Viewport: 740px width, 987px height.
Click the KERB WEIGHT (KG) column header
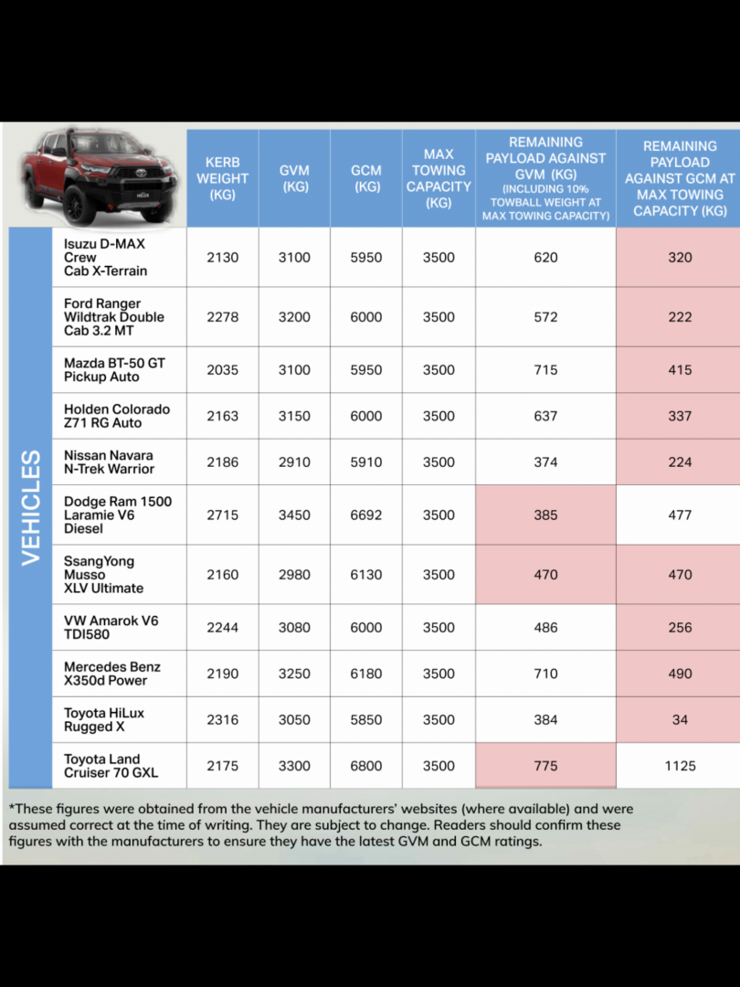click(x=222, y=178)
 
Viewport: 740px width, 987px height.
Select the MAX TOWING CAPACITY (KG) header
click(x=439, y=178)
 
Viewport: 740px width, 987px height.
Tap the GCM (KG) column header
click(x=366, y=178)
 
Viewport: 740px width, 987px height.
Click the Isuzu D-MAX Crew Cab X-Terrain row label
click(x=105, y=258)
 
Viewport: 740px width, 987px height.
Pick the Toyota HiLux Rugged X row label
click(x=104, y=720)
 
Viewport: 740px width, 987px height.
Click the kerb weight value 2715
click(x=222, y=515)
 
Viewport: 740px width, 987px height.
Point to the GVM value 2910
click(x=294, y=462)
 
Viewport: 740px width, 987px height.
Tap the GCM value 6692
click(x=366, y=515)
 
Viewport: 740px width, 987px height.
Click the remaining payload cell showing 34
click(x=680, y=720)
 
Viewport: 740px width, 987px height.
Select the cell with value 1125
click(x=680, y=766)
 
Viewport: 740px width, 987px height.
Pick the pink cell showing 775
click(x=545, y=766)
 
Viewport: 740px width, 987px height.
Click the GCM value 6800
click(x=366, y=766)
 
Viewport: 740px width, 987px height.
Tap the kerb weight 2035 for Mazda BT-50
click(x=222, y=370)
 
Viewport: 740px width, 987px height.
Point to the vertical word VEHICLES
click(x=31, y=507)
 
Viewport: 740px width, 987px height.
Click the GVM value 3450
click(x=294, y=515)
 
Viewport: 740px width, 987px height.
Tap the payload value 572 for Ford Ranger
click(x=545, y=317)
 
